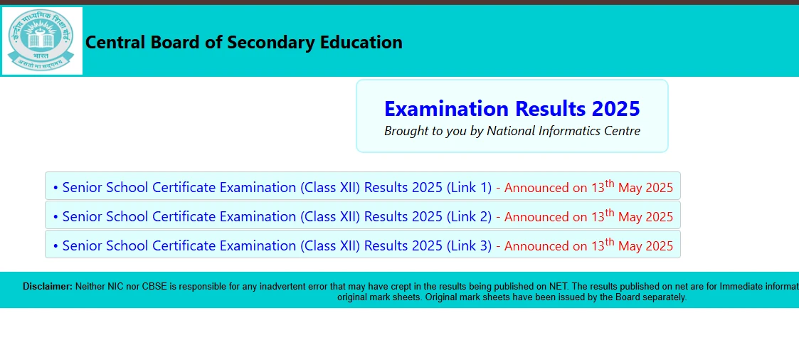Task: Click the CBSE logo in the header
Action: (x=41, y=41)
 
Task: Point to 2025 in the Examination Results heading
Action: (x=615, y=109)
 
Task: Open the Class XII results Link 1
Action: (x=277, y=188)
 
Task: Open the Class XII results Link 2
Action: (x=277, y=216)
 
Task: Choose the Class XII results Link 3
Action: (x=277, y=245)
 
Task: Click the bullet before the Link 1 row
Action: (x=55, y=188)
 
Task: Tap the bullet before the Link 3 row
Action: (x=55, y=246)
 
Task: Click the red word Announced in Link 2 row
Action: (x=536, y=217)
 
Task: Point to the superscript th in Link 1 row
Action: (x=610, y=184)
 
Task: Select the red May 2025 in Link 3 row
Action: (x=645, y=246)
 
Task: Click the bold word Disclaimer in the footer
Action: (x=48, y=287)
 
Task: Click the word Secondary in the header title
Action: (x=266, y=43)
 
